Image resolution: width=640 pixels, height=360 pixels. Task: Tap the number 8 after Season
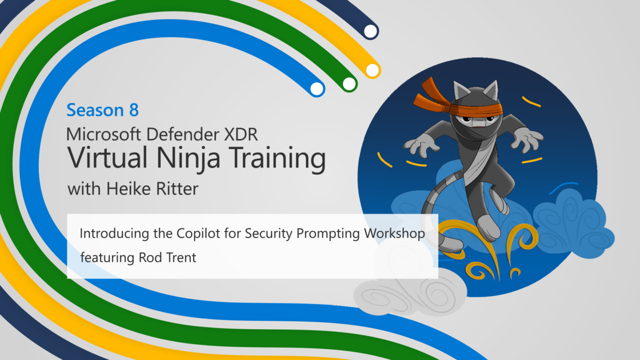134,110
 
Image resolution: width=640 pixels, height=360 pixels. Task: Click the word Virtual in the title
108,158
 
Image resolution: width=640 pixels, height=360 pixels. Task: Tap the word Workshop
395,234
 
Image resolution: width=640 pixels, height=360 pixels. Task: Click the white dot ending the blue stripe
317,89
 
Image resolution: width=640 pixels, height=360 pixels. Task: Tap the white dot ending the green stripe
349,83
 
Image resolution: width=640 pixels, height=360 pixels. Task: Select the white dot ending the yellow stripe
372,70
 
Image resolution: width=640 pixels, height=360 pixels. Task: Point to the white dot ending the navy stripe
370,31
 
